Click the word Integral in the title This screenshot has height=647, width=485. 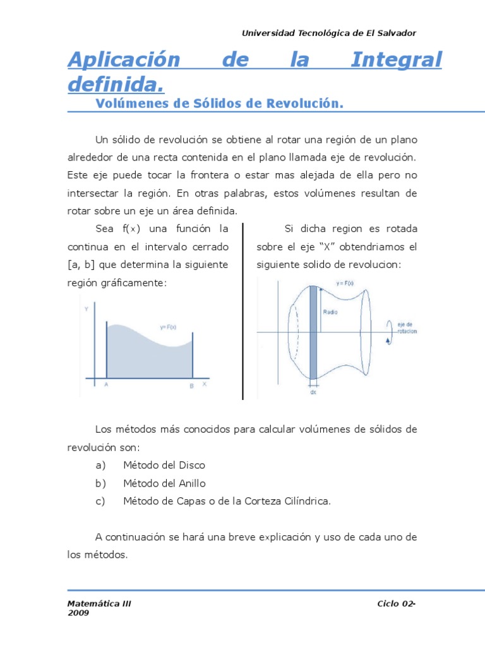[x=396, y=60]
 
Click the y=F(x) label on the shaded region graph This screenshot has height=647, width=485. [x=167, y=327]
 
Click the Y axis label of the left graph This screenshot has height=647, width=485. [x=87, y=309]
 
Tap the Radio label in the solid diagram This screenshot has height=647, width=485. [x=331, y=312]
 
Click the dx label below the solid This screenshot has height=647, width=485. [x=313, y=392]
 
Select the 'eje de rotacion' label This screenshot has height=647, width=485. [x=407, y=328]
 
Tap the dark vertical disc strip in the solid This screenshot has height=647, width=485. [x=313, y=332]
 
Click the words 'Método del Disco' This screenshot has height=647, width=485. [x=164, y=465]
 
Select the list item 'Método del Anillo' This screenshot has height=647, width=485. [x=165, y=483]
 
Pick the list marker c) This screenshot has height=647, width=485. [x=100, y=501]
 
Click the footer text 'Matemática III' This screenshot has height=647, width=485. [x=99, y=604]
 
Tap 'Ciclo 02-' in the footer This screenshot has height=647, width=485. [x=397, y=604]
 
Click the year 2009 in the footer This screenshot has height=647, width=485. [x=78, y=613]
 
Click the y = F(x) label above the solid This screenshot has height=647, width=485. [x=345, y=284]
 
